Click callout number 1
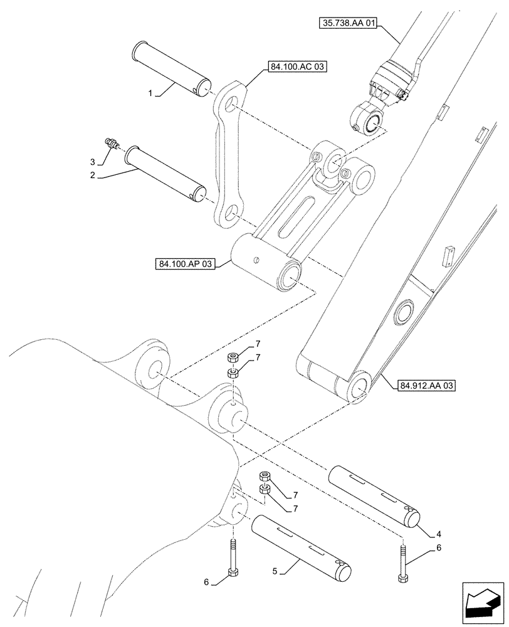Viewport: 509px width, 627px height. [150, 93]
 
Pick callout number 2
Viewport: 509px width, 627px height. [92, 176]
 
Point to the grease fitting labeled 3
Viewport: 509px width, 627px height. [113, 144]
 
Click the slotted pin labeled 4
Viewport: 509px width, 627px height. [375, 497]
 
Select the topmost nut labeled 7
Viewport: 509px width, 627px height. [232, 358]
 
